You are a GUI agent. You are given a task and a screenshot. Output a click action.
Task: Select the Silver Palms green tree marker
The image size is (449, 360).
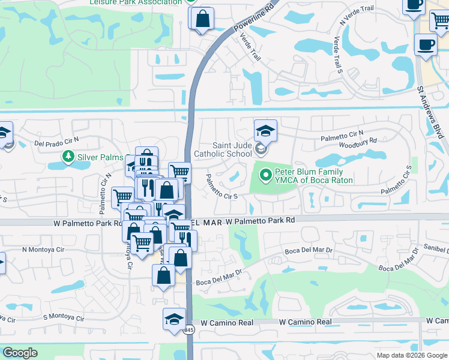click(69, 157)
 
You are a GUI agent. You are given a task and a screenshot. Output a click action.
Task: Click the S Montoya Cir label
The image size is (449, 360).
click(62, 317)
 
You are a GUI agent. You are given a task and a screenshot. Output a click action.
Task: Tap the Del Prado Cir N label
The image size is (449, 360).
click(56, 141)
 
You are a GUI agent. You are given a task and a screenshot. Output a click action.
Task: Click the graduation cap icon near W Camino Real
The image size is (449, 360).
click(174, 319)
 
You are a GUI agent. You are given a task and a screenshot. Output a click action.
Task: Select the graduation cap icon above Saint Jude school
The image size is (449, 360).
click(265, 130)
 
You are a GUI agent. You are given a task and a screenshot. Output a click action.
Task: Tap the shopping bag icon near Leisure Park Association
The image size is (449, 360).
click(203, 18)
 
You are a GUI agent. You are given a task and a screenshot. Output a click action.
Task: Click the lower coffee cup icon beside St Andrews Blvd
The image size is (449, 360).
click(426, 45)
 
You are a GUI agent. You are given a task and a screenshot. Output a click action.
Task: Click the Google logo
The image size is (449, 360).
click(20, 353)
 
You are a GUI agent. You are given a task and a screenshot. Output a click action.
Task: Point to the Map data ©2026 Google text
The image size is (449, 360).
click(411, 355)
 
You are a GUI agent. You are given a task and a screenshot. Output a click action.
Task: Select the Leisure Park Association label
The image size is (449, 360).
click(135, 2)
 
